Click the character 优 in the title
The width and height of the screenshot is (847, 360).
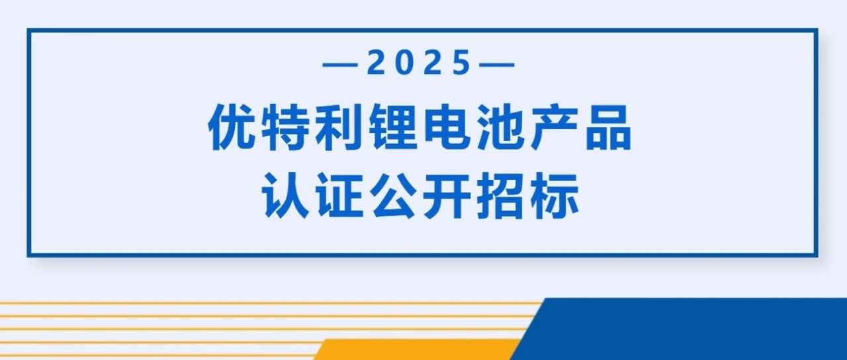click(x=231, y=128)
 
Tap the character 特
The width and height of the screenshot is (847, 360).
click(x=285, y=128)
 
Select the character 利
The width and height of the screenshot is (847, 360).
click(x=338, y=128)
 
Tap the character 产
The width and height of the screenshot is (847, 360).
click(x=555, y=128)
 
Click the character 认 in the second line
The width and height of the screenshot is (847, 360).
click(x=285, y=196)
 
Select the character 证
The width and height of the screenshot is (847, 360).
click(x=338, y=196)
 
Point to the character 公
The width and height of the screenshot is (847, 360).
click(x=393, y=196)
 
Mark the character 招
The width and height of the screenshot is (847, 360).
click(x=502, y=196)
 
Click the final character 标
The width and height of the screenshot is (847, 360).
click(x=555, y=196)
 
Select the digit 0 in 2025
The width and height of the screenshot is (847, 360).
click(x=404, y=62)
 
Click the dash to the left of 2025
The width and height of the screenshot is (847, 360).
click(x=340, y=65)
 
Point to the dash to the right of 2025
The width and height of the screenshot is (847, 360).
click(x=497, y=65)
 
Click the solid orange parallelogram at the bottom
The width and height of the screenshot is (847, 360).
click(x=416, y=349)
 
